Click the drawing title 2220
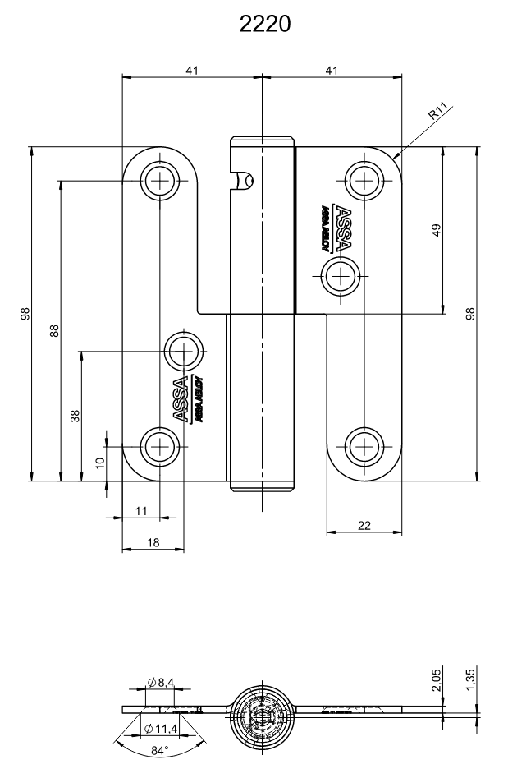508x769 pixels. tap(264, 25)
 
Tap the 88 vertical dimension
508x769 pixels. tap(54, 329)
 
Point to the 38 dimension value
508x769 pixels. tap(75, 415)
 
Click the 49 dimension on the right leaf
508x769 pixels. tap(436, 230)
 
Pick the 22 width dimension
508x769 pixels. tap(364, 526)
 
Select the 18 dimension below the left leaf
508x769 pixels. tap(153, 542)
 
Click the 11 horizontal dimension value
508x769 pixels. tap(140, 511)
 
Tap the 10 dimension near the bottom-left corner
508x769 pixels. tap(100, 463)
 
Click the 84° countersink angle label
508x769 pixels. tap(159, 751)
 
